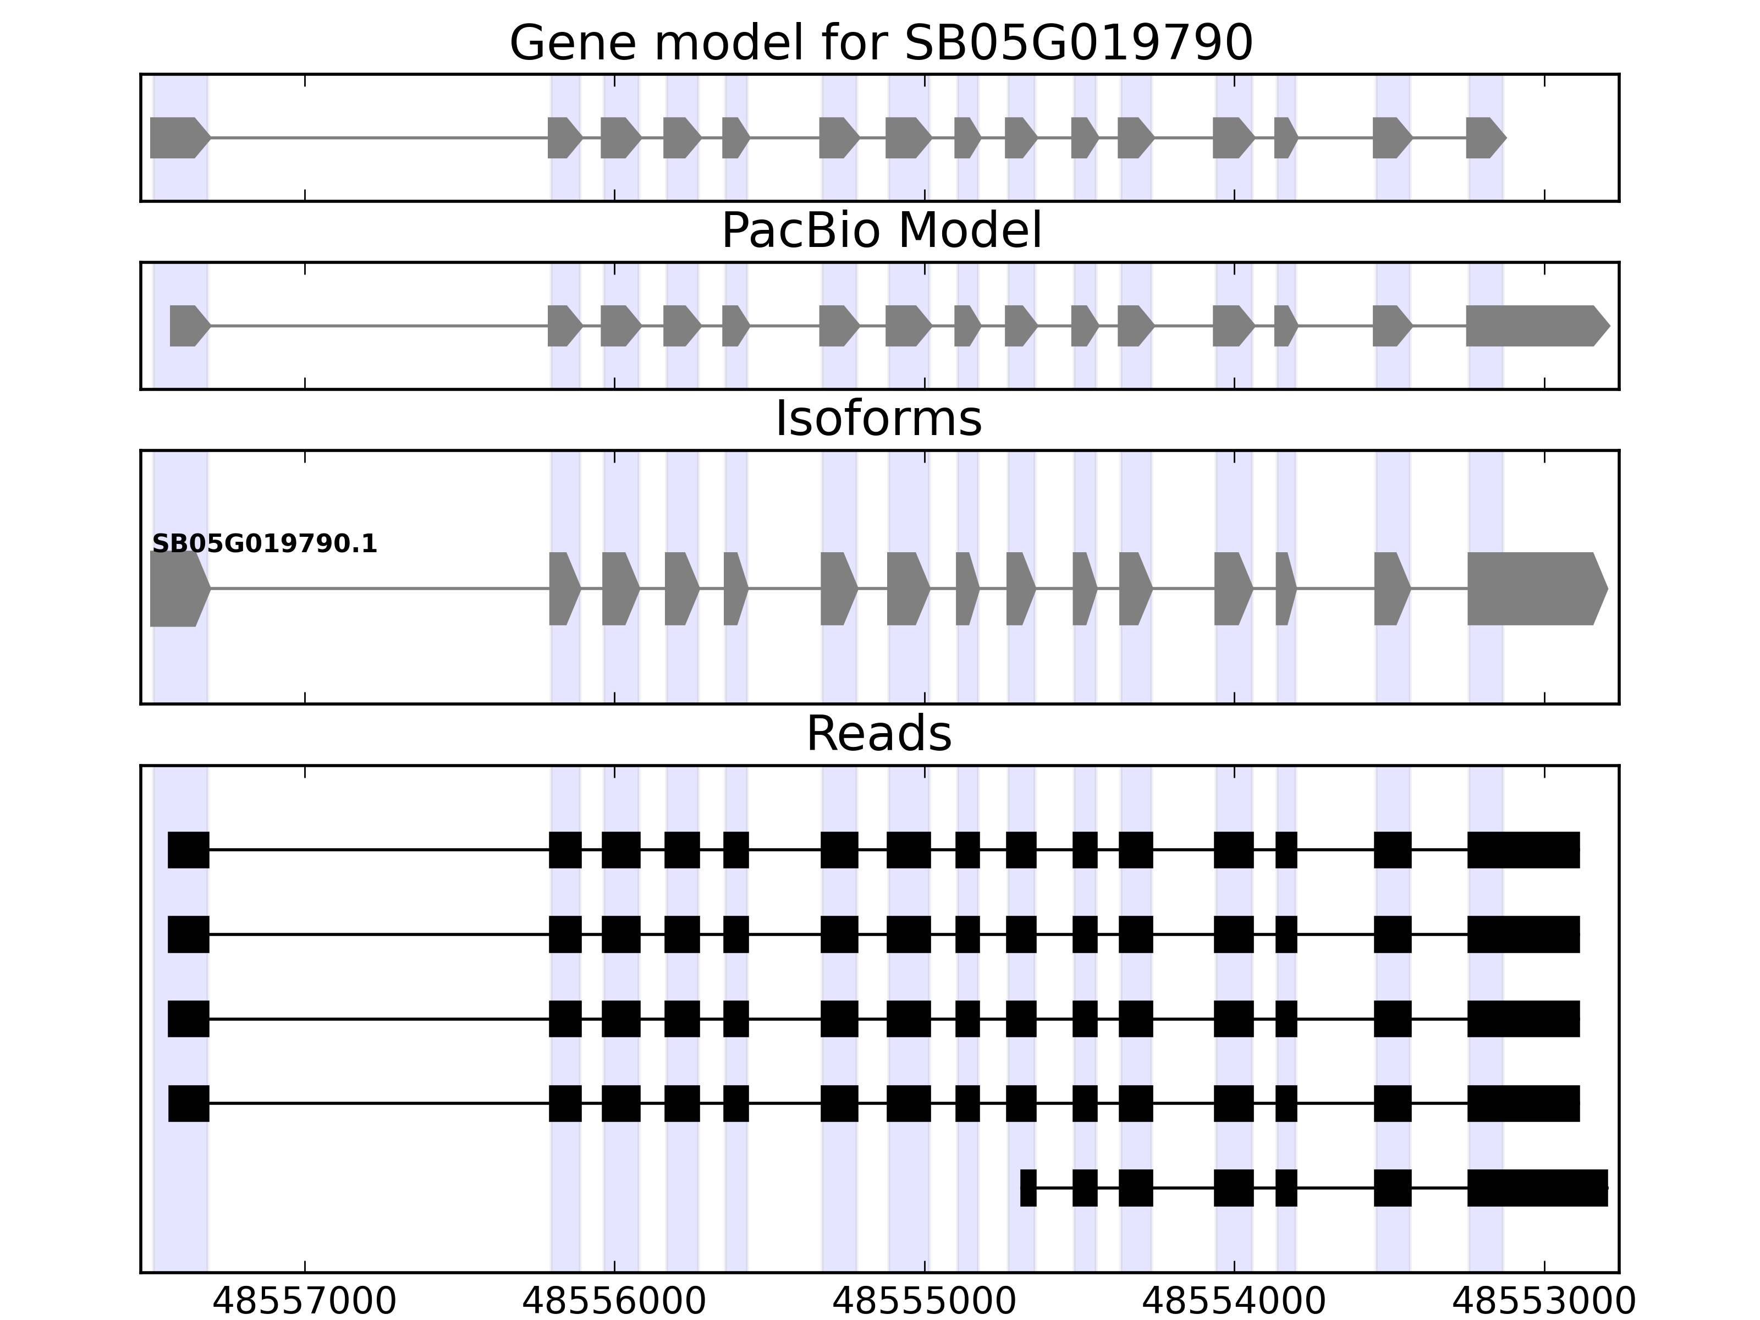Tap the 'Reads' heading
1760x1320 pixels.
[x=878, y=734]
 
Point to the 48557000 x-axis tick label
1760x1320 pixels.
[x=305, y=1302]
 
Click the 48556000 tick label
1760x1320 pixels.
[x=614, y=1302]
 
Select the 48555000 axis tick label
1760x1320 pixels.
[x=925, y=1302]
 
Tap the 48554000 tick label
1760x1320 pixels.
[x=1234, y=1302]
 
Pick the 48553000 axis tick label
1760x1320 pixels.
[x=1544, y=1302]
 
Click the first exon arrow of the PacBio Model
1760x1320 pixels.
[x=188, y=326]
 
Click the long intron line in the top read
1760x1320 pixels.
[x=379, y=850]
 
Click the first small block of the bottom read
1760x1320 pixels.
[x=1028, y=1188]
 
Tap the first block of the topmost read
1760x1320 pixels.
[x=189, y=850]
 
